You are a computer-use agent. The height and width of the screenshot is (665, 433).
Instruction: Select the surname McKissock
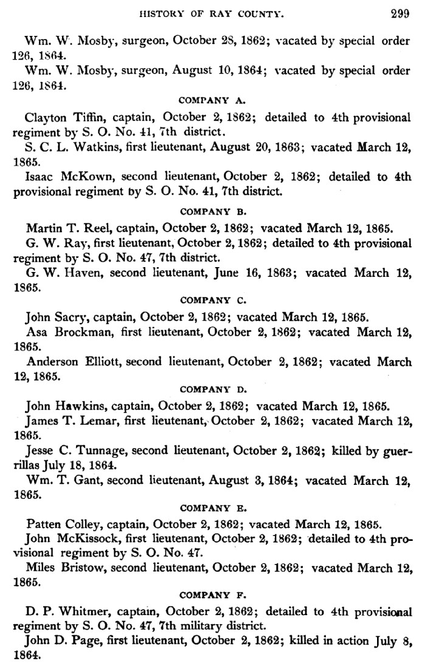pyautogui.click(x=86, y=538)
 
